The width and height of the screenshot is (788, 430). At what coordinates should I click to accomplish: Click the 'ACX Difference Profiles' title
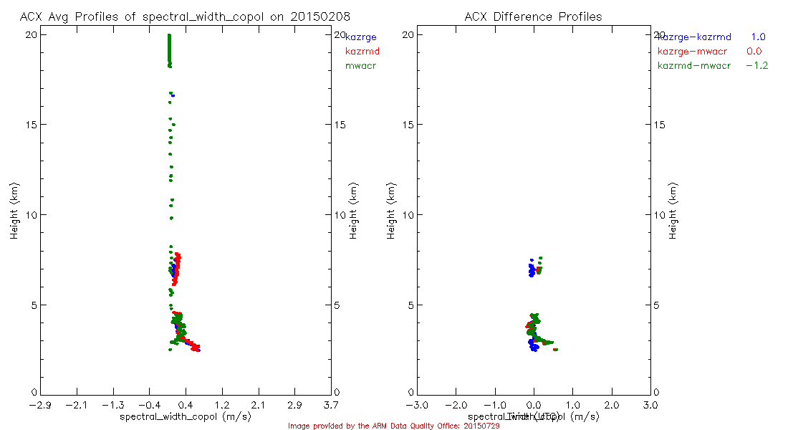pyautogui.click(x=533, y=16)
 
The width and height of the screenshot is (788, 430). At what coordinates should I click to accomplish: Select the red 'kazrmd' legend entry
pyautogui.click(x=362, y=52)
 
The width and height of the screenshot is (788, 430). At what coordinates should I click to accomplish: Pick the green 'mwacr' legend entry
pyautogui.click(x=360, y=66)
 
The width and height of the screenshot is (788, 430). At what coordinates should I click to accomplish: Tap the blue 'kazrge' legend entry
pyautogui.click(x=360, y=37)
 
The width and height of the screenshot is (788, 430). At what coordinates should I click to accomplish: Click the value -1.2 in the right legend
pyautogui.click(x=756, y=66)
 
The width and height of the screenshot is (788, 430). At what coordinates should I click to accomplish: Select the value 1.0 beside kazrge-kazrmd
pyautogui.click(x=759, y=37)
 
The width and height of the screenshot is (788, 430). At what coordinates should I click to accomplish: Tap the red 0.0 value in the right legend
pyautogui.click(x=754, y=52)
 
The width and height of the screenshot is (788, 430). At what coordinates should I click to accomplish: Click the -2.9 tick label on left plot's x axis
pyautogui.click(x=39, y=406)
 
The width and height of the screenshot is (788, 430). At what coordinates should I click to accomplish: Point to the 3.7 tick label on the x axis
pyautogui.click(x=331, y=406)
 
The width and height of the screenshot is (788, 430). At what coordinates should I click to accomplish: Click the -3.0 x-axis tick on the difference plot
pyautogui.click(x=417, y=406)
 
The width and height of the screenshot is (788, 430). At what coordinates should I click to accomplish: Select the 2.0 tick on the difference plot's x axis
pyautogui.click(x=612, y=406)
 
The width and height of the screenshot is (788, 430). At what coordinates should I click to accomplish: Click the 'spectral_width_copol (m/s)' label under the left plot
pyautogui.click(x=185, y=416)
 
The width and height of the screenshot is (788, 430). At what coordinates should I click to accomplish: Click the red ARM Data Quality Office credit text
pyautogui.click(x=393, y=426)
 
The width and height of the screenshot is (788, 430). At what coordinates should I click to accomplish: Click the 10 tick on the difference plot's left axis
pyautogui.click(x=411, y=215)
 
